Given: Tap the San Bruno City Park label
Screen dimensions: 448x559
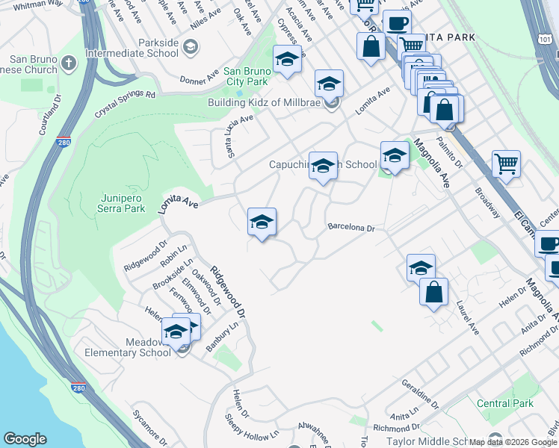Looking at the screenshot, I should pyautogui.click(x=247, y=76).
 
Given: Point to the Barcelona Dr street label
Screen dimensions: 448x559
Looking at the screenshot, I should pyautogui.click(x=350, y=227).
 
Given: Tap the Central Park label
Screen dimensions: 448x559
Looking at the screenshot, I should pyautogui.click(x=504, y=403).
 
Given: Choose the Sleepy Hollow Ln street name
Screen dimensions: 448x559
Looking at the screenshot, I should pyautogui.click(x=252, y=432).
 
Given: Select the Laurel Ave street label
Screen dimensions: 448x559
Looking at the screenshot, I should pyautogui.click(x=469, y=317).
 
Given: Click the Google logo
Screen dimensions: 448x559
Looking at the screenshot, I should pyautogui.click(x=25, y=439).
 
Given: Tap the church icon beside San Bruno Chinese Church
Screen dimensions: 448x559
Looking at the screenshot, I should pyautogui.click(x=69, y=62).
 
